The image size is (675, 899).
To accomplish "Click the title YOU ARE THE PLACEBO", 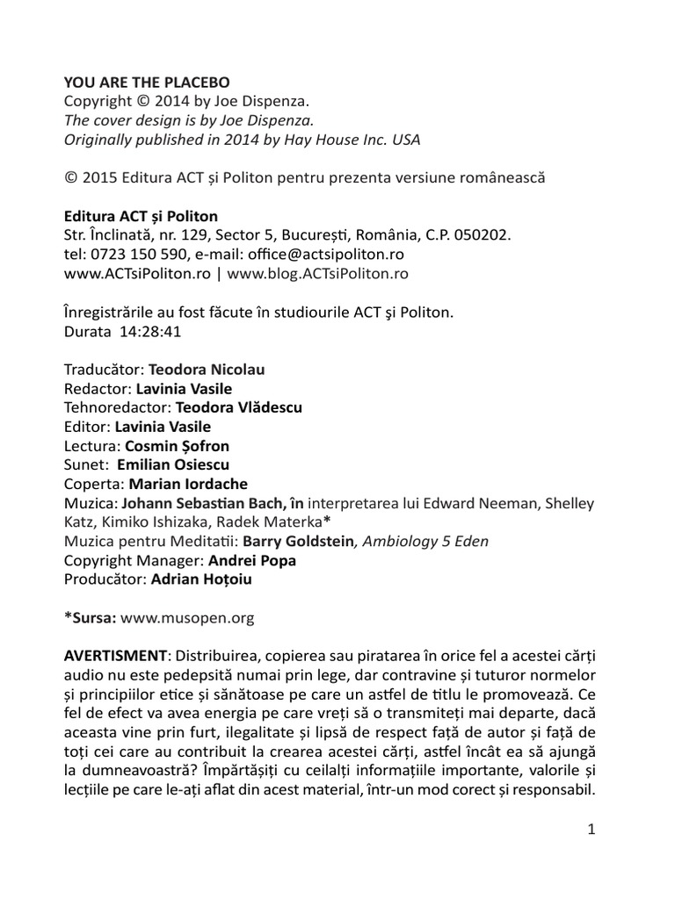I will click(x=147, y=82).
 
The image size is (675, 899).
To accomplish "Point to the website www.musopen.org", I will click(x=187, y=617).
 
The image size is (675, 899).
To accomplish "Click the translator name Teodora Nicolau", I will click(x=207, y=370).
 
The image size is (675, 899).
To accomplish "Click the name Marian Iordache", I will click(x=188, y=484).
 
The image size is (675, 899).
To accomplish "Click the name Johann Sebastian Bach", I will click(x=199, y=503).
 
